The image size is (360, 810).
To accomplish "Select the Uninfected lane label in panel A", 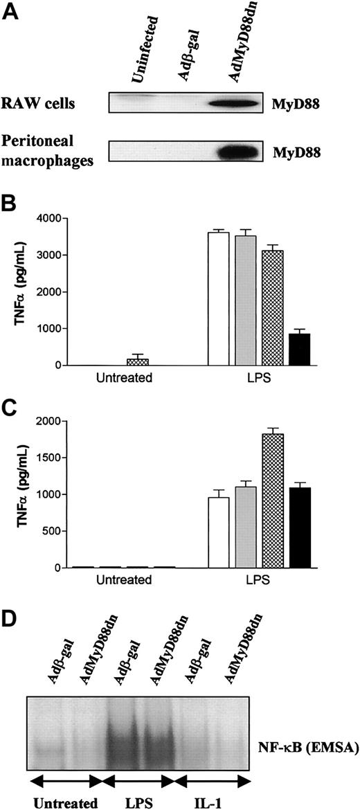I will (145, 42).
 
